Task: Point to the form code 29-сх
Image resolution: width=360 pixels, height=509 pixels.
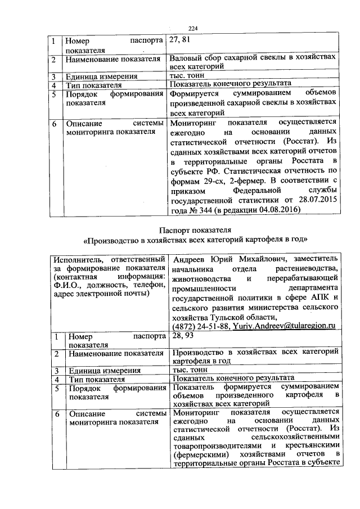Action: point(210,180)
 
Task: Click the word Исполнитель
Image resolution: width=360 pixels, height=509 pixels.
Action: point(73,259)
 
